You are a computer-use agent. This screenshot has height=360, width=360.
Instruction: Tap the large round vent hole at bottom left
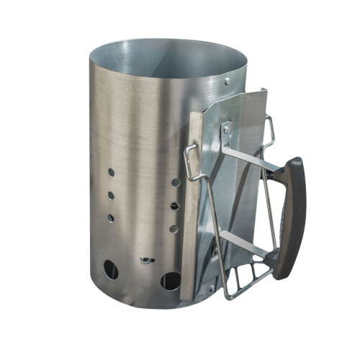pos(110,270)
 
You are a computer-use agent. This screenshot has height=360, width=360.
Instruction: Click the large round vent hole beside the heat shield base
pos(170,280)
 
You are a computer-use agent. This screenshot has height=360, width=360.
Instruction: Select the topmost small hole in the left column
pos(111,174)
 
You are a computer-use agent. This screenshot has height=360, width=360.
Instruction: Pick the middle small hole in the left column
pos(111,195)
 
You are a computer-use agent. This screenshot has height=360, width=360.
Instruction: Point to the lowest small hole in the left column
pos(111,217)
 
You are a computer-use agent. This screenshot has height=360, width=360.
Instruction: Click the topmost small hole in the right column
pos(175,183)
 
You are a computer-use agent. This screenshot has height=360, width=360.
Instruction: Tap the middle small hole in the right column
pos(174,206)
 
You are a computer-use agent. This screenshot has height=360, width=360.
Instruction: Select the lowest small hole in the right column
pos(174,229)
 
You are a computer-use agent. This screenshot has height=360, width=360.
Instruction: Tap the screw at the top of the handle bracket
pos(226,130)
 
